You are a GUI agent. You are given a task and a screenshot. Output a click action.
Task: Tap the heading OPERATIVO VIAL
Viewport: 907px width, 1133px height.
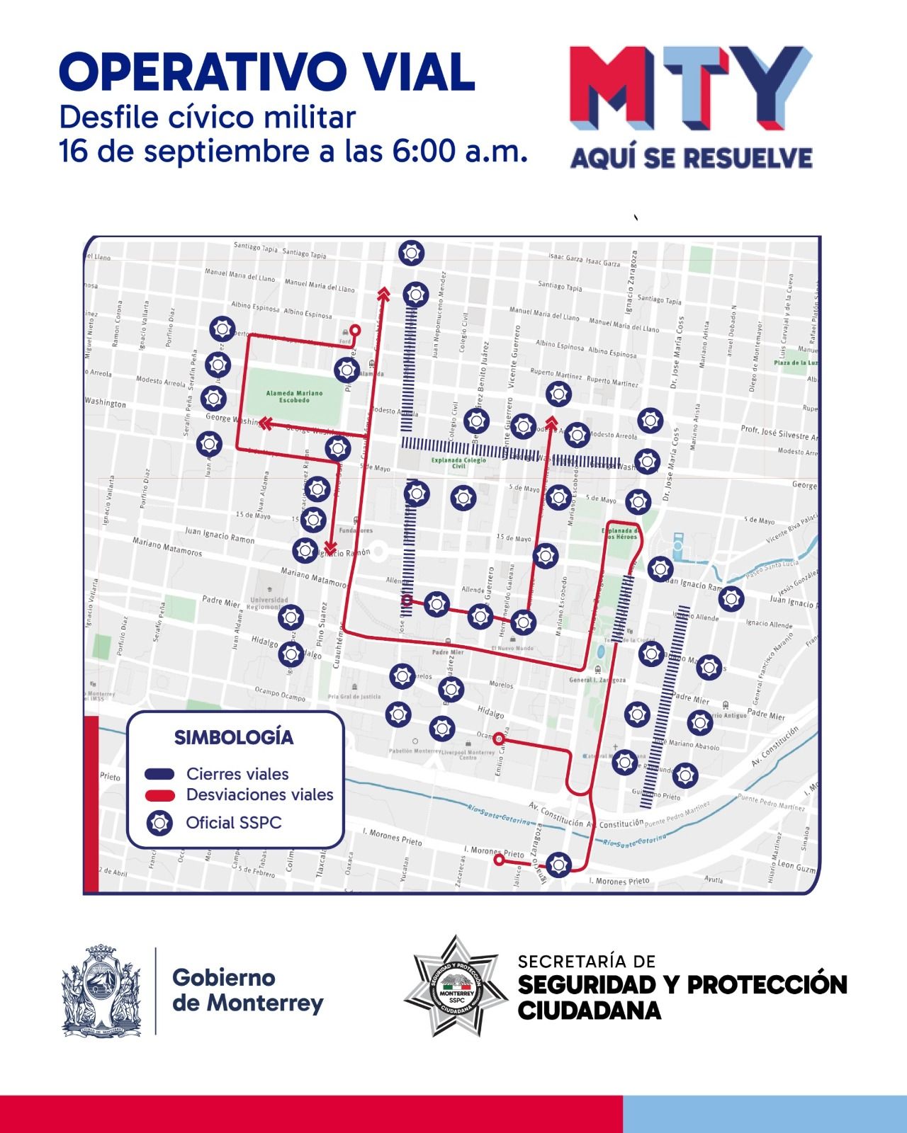pyautogui.click(x=267, y=72)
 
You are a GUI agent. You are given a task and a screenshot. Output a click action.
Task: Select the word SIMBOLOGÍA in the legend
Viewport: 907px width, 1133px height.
pyautogui.click(x=234, y=737)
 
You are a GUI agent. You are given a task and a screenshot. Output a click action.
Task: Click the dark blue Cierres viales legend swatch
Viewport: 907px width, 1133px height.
pyautogui.click(x=159, y=774)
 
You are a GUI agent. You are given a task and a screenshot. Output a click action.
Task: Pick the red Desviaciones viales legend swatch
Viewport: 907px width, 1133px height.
pyautogui.click(x=159, y=795)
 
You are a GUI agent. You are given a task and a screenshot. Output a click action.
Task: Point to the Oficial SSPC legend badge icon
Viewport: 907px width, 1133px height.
pyautogui.click(x=159, y=823)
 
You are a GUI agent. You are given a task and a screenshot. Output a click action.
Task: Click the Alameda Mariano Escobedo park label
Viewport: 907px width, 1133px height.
pyautogui.click(x=294, y=397)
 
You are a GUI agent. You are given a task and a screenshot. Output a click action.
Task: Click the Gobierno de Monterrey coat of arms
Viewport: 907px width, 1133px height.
pyautogui.click(x=101, y=990)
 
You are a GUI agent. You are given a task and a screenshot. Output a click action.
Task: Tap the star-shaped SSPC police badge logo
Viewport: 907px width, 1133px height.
pyautogui.click(x=456, y=986)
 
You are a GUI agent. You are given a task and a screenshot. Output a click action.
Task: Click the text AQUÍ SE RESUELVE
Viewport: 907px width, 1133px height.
pyautogui.click(x=691, y=158)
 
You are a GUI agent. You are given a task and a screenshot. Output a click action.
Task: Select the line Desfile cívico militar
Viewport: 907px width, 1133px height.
pyautogui.click(x=207, y=118)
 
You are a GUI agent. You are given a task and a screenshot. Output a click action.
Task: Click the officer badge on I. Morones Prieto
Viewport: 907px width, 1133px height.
pyautogui.click(x=558, y=864)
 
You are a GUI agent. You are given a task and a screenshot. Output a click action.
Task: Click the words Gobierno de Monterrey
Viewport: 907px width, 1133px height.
pyautogui.click(x=248, y=990)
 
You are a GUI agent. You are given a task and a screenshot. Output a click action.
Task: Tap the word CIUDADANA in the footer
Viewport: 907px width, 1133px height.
pyautogui.click(x=590, y=1010)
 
